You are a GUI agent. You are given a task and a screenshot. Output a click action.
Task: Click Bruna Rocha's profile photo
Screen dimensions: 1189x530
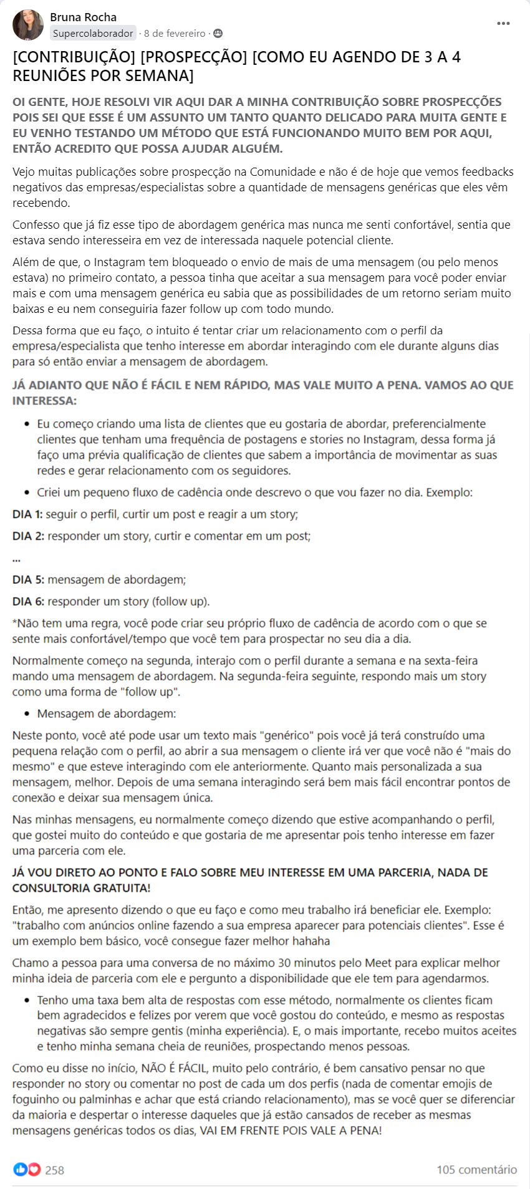pos(28,25)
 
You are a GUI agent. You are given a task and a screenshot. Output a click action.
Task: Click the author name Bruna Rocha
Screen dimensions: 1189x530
pos(83,17)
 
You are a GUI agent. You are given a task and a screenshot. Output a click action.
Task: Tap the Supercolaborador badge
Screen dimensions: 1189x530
pos(93,34)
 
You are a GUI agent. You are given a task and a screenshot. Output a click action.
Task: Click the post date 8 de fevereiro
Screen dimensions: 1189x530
pos(175,34)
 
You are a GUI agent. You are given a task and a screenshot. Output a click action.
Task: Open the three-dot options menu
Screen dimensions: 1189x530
pos(503,24)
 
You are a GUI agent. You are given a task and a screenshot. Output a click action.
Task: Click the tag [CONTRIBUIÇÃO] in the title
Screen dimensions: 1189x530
pos(74,57)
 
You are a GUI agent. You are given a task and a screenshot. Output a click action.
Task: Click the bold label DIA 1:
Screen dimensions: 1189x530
pos(27,514)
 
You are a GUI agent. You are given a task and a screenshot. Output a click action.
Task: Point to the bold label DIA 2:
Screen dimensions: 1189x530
pos(28,536)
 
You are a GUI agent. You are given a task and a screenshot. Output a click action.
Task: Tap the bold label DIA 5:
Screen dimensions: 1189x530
pos(28,580)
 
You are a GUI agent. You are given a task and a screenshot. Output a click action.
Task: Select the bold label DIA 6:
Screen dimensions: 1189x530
pos(28,601)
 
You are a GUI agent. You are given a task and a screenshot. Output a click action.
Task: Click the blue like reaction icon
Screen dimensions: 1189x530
pos(21,1169)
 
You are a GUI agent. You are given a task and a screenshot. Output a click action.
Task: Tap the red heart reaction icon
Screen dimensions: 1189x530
pos(34,1169)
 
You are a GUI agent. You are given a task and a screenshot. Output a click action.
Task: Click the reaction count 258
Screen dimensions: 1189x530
pos(55,1170)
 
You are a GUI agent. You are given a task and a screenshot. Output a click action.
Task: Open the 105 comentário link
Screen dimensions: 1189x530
pos(476,1170)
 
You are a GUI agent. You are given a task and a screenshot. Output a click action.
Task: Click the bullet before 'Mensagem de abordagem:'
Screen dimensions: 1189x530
pos(27,714)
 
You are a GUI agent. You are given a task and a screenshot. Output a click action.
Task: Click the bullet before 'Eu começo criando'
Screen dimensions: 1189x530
pos(27,424)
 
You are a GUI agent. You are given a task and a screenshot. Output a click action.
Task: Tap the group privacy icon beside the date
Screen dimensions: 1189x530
pos(218,34)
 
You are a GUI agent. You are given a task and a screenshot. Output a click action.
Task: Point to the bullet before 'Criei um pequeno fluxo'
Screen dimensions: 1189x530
pos(27,493)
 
